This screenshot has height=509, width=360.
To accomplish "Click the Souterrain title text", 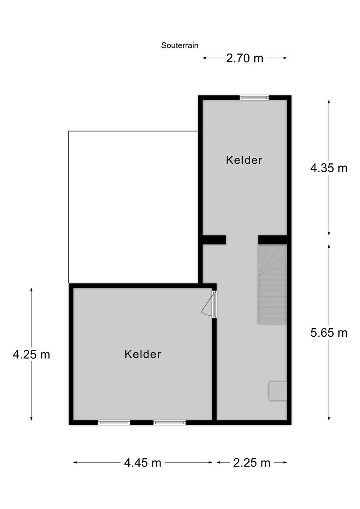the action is [180, 45].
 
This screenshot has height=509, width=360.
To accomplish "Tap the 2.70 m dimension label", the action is [245, 58].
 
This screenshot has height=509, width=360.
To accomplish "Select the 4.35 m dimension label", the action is [329, 168].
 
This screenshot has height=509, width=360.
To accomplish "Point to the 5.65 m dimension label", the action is [329, 333].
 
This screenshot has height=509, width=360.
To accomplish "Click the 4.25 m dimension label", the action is [31, 355].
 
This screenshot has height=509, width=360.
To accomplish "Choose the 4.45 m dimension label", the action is [143, 463].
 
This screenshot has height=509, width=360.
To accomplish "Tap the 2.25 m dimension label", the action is [252, 463].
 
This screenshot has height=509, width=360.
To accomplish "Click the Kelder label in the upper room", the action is [244, 160].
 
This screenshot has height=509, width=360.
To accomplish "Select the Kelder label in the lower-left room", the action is [143, 354].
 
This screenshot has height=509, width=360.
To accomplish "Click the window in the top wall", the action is [254, 98].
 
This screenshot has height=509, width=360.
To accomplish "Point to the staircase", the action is [272, 285].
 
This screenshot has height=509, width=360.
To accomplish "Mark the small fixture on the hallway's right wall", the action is [278, 391].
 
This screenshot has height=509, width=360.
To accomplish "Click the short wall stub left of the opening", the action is [214, 240].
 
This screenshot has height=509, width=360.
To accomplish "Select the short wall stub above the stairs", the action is [273, 240].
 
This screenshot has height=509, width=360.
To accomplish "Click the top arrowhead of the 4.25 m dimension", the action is [31, 289].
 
